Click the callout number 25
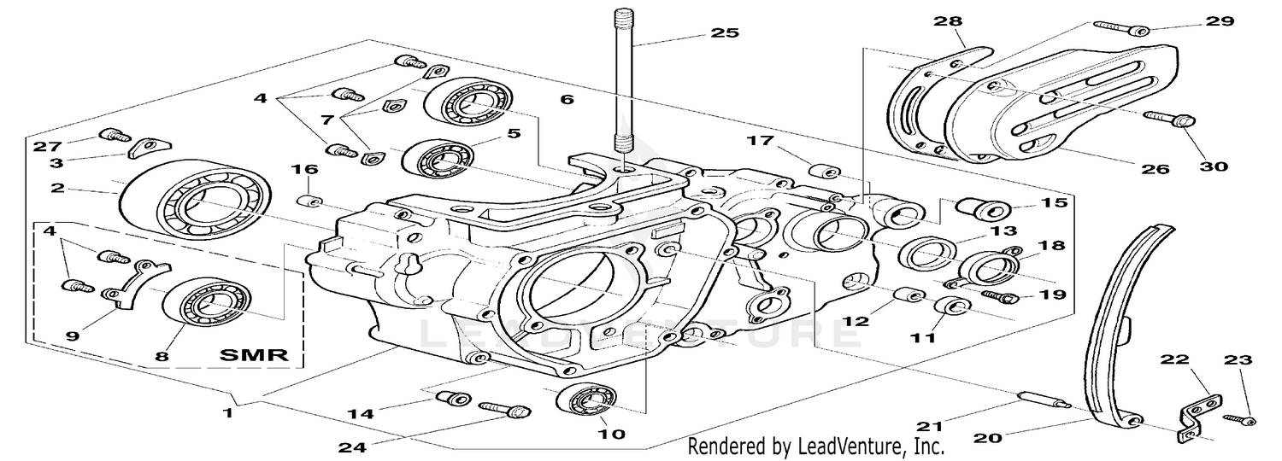pyautogui.click(x=724, y=34)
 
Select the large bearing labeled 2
pyautogui.click(x=194, y=202)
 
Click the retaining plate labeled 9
pyautogui.click(x=133, y=283)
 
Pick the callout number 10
pyautogui.click(x=612, y=434)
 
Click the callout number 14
pyautogui.click(x=359, y=413)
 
